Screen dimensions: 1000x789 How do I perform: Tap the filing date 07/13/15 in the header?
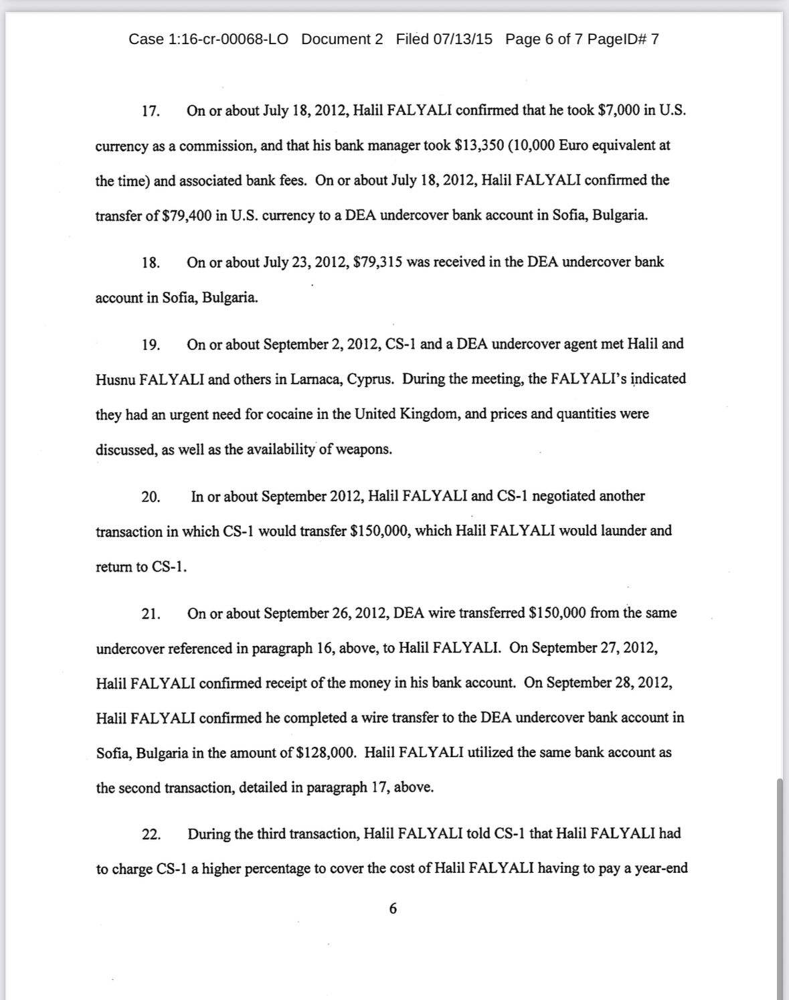pyautogui.click(x=462, y=39)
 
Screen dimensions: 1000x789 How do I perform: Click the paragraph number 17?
pyautogui.click(x=151, y=111)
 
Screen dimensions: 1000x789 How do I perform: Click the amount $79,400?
pyautogui.click(x=187, y=216)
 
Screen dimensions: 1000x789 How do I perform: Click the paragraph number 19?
pyautogui.click(x=151, y=345)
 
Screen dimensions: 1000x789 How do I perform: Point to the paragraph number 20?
pyautogui.click(x=151, y=497)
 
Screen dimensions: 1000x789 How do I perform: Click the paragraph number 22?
pyautogui.click(x=151, y=835)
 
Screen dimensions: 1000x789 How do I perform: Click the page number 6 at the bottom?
pyautogui.click(x=393, y=908)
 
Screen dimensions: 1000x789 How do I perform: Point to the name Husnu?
pyautogui.click(x=115, y=380)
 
